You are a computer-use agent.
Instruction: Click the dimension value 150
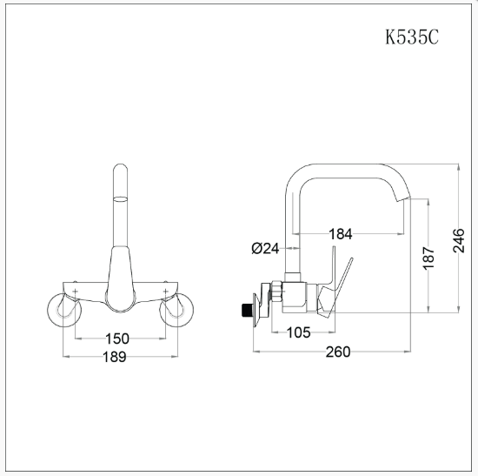pos(118,339)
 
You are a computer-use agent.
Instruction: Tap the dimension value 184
pos(342,232)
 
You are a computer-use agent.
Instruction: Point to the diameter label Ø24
pos(264,248)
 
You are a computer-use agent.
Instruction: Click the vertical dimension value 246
pos(459,238)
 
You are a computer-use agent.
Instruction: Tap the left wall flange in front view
pos(62,308)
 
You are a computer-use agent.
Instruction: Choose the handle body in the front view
pos(119,278)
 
